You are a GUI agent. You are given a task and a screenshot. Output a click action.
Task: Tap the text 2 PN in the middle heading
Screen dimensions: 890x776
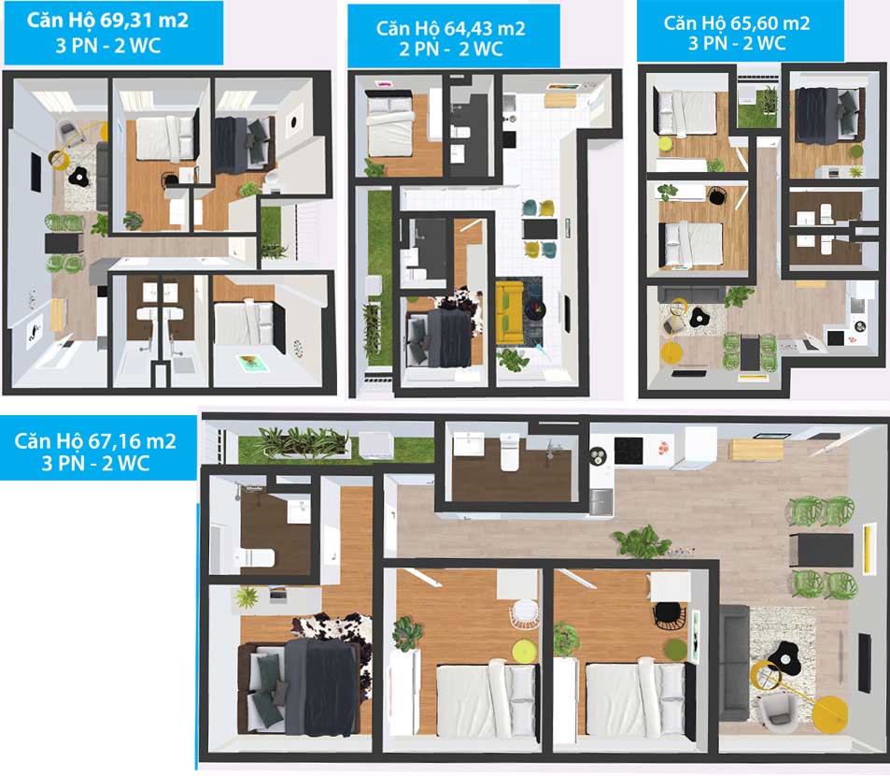pos(419,49)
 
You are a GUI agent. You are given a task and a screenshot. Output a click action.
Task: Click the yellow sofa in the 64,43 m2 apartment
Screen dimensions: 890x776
pos(509,313)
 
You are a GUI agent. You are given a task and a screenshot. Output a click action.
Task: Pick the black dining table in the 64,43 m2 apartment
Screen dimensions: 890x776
pos(541,229)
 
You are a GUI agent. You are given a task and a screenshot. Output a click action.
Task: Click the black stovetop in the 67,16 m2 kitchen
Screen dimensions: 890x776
pos(629,451)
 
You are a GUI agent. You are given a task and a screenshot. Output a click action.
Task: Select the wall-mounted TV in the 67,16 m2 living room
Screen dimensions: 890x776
pos(864,663)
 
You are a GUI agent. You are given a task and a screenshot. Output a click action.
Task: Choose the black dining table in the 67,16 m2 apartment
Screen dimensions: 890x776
pos(821,550)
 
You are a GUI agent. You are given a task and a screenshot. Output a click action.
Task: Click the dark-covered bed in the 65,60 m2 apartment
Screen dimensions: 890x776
pos(827,115)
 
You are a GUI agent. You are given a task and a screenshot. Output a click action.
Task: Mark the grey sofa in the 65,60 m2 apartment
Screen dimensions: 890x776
pos(692,295)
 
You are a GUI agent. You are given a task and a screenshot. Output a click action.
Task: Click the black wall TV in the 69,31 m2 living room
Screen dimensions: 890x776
pos(35,172)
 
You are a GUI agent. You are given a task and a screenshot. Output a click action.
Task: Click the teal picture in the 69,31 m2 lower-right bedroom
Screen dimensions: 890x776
pos(249,363)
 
